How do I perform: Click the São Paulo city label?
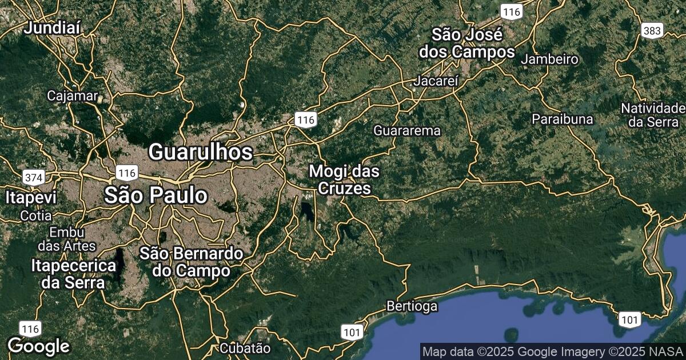[x=155, y=195]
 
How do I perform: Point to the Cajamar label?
[x=73, y=95]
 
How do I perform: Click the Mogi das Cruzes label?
[x=344, y=179]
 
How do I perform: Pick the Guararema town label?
[x=407, y=130]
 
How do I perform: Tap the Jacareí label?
[x=437, y=81]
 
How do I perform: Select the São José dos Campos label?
[x=467, y=43]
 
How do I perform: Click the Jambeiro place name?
[x=549, y=59]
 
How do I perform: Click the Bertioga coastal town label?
[x=412, y=306]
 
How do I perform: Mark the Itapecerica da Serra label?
[x=74, y=274]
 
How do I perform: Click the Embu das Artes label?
[x=67, y=239]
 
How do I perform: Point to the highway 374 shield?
[x=34, y=177]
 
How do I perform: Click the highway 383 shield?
[x=652, y=30]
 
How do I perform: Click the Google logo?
[x=38, y=346]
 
